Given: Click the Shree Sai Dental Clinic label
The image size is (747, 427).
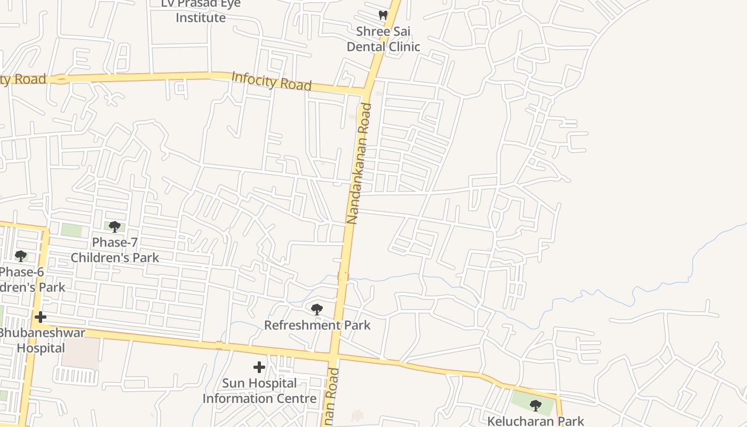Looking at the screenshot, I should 383,39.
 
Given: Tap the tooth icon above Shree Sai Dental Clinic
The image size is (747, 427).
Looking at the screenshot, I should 383,15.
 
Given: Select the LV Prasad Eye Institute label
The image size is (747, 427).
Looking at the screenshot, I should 201,11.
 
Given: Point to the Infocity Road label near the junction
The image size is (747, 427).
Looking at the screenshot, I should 271,81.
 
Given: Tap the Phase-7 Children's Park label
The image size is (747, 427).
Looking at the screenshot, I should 115,250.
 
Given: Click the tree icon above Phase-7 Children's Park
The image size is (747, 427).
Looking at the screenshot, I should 114,227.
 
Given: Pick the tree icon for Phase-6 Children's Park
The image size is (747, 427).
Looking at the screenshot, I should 21,256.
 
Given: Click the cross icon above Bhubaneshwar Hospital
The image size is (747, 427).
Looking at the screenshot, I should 41,318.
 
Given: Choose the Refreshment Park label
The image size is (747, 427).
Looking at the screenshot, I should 317,325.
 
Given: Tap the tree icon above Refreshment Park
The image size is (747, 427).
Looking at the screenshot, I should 317,309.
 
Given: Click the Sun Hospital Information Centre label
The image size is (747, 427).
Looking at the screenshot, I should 259,391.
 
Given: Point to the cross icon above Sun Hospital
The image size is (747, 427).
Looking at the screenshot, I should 259,367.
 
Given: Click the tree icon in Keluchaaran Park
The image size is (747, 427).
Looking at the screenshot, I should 536,405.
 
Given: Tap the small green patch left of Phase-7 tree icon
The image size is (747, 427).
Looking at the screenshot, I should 71,231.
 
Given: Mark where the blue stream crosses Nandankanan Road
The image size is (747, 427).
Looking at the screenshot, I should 343,276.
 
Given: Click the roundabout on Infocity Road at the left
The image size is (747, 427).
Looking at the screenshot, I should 61,80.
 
